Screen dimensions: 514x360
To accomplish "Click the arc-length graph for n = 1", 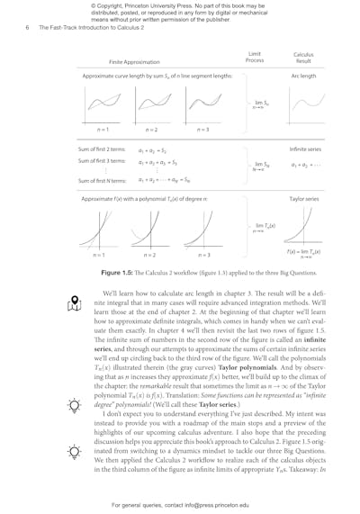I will pyautogui.click(x=101, y=105).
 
